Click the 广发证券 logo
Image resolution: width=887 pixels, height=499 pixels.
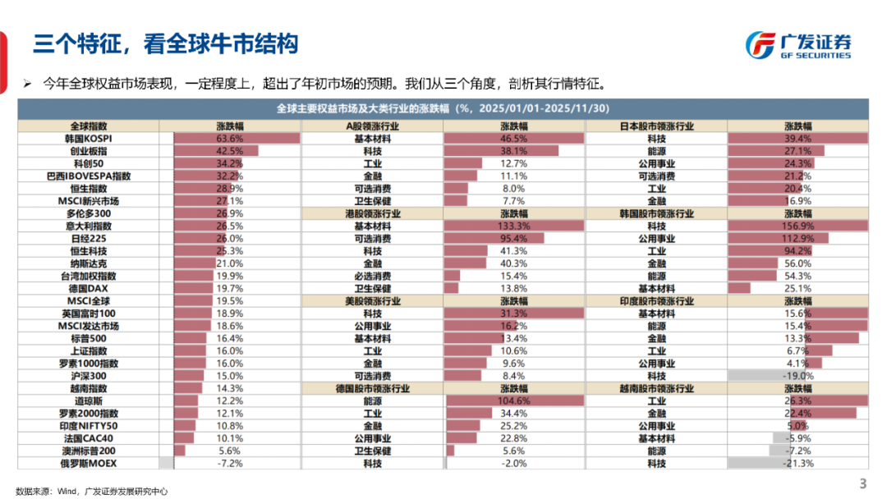(797, 44)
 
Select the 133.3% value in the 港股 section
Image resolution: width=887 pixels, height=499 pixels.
(514, 226)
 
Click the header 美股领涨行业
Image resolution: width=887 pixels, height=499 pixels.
(372, 301)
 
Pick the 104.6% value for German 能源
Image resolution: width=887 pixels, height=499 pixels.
(514, 401)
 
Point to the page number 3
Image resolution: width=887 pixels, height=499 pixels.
(862, 483)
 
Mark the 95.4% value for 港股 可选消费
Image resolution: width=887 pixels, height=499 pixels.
(514, 239)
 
